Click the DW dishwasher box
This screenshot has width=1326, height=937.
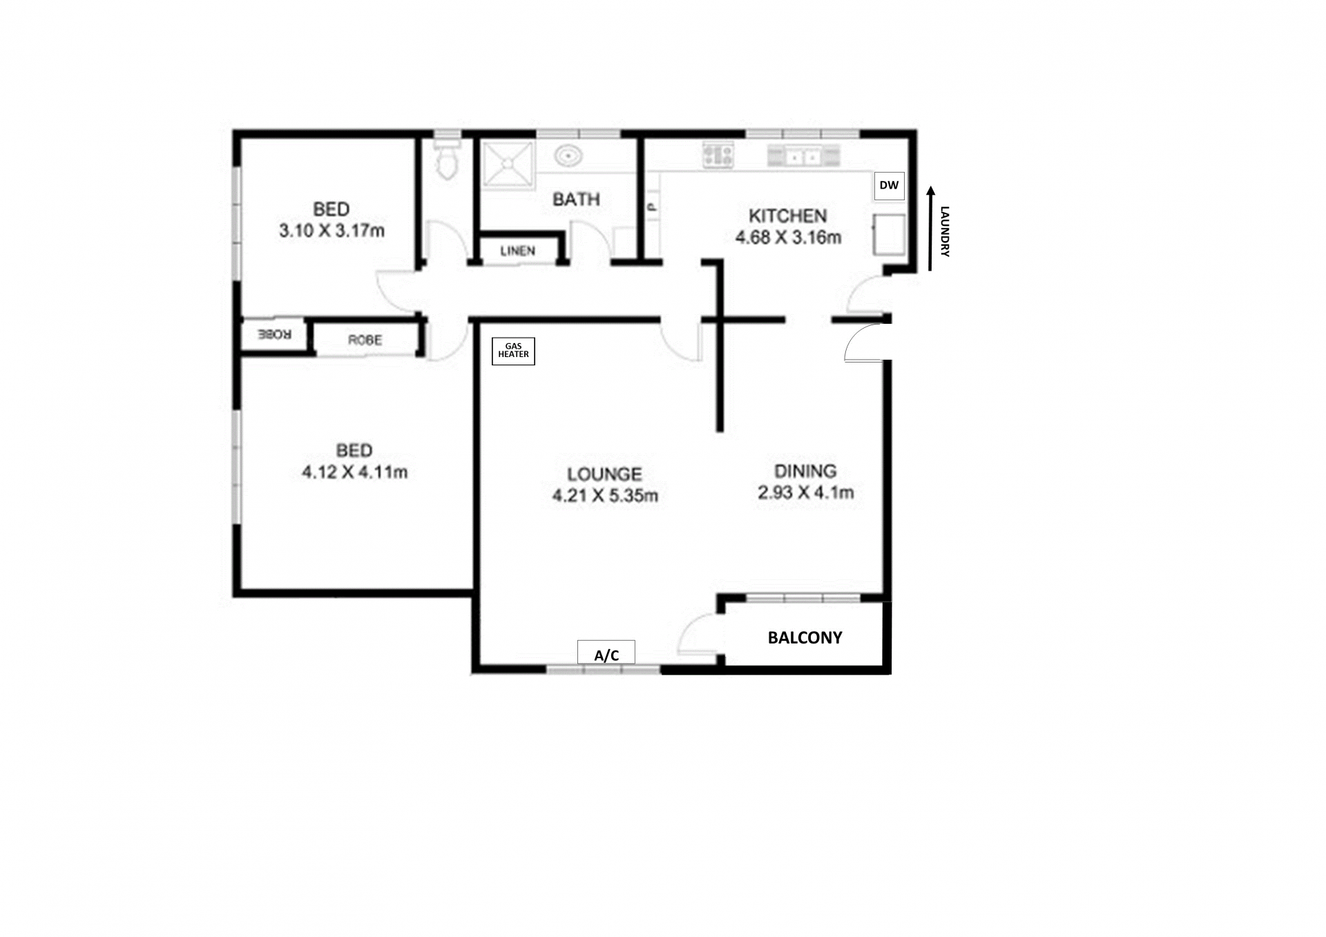[x=889, y=186]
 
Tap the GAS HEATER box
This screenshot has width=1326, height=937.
[x=513, y=351]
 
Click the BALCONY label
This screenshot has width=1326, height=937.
[x=805, y=637]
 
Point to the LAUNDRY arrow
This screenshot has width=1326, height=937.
[x=930, y=229]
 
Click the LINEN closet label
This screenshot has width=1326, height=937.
[x=517, y=251]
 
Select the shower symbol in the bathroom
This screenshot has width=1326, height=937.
[x=508, y=164]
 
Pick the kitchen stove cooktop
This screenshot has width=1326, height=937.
[x=718, y=155]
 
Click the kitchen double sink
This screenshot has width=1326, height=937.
[x=803, y=156]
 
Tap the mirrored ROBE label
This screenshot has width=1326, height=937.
[x=274, y=335]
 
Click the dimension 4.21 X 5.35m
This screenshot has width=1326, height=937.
[x=605, y=496]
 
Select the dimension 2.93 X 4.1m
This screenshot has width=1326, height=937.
[x=805, y=492]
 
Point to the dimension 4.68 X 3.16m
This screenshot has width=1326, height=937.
[x=788, y=238]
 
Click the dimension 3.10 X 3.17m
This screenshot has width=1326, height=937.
[x=331, y=231]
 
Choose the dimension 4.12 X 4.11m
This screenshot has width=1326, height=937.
[x=354, y=472]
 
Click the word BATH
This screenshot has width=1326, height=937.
[x=576, y=200]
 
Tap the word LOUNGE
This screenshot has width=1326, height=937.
[x=604, y=474]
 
